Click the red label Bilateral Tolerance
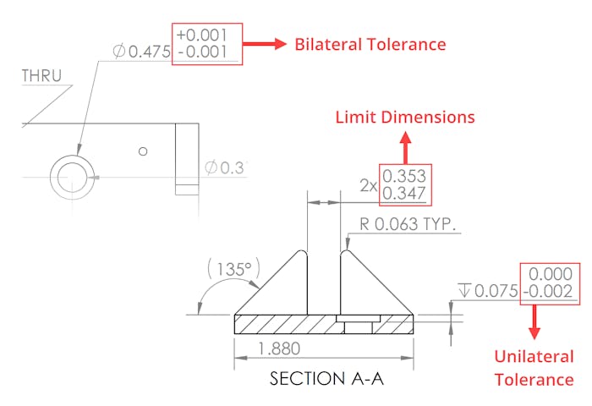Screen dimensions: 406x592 (370, 44)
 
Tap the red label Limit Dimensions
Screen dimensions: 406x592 (405, 117)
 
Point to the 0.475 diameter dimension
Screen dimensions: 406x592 (141, 52)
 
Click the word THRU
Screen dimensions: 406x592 (41, 76)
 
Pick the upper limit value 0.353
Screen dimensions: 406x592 (404, 176)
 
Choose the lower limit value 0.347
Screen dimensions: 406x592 (404, 194)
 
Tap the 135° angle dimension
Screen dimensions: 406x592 (231, 271)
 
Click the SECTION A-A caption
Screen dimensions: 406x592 (326, 378)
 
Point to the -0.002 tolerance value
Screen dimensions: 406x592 (550, 292)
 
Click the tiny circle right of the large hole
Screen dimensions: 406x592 (144, 151)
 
